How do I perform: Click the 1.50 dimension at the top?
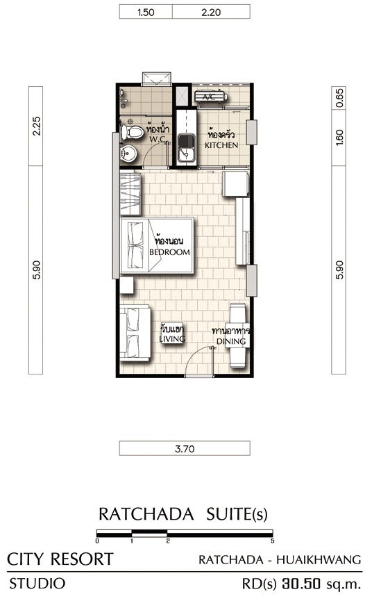click(x=146, y=13)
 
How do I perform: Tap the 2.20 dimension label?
click(x=211, y=13)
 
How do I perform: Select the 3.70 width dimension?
click(x=185, y=448)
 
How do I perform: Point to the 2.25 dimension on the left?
click(x=36, y=126)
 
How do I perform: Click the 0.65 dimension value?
click(x=339, y=98)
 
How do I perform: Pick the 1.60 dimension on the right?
click(x=339, y=137)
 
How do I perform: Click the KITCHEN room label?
click(x=221, y=145)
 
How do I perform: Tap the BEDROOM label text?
click(x=169, y=252)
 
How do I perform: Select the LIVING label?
click(x=172, y=339)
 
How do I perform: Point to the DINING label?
click(x=231, y=341)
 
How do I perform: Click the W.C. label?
click(x=158, y=139)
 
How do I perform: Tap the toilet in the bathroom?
click(x=131, y=132)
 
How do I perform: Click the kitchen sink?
click(x=187, y=148)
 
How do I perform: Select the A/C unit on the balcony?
click(x=211, y=97)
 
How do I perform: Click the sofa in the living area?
click(x=135, y=332)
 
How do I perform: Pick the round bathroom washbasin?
click(x=128, y=154)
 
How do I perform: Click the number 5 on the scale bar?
click(x=272, y=541)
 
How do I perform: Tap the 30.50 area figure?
click(x=301, y=584)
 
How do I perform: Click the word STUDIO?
click(x=37, y=584)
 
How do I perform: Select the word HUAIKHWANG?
click(x=319, y=559)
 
